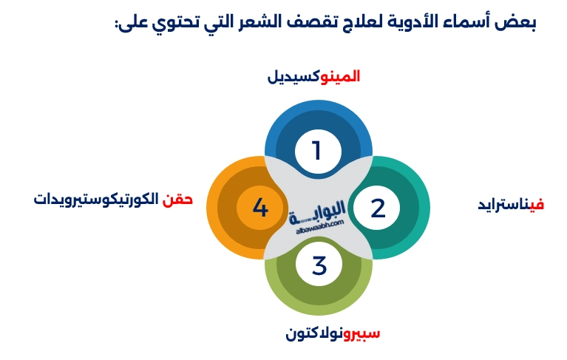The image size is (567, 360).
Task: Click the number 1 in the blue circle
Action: pos(317,151)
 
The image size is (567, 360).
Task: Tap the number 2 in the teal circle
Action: pos(378,208)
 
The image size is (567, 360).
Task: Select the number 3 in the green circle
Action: pos(319,265)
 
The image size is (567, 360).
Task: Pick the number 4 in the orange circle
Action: pos(260,208)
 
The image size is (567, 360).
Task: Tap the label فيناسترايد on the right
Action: pos(511,204)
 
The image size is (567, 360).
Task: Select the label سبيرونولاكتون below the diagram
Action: pos(333,333)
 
